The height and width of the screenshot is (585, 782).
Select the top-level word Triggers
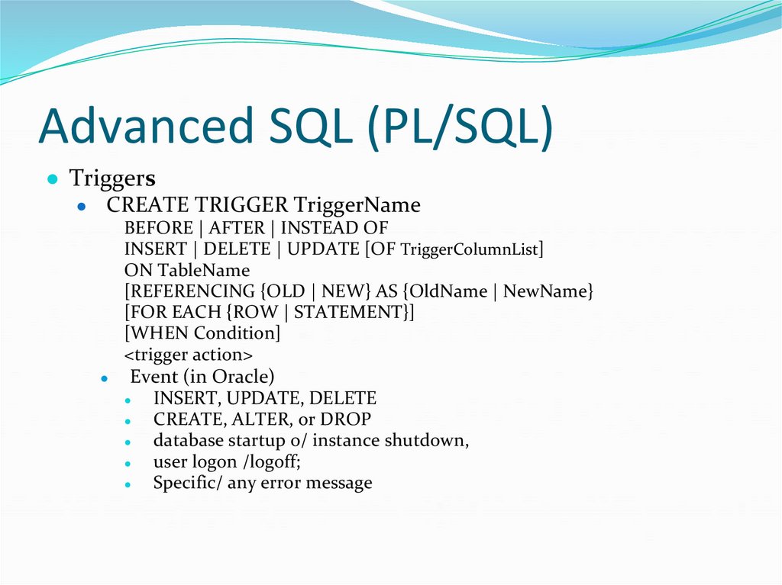[x=112, y=178]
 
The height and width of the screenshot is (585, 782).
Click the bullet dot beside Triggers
[x=52, y=180]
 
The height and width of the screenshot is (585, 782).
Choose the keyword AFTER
[x=237, y=228]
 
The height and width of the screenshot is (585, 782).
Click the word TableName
[x=204, y=271]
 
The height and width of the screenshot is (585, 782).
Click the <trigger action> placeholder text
[x=188, y=355]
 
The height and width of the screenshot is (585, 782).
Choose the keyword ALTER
[x=248, y=419]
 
